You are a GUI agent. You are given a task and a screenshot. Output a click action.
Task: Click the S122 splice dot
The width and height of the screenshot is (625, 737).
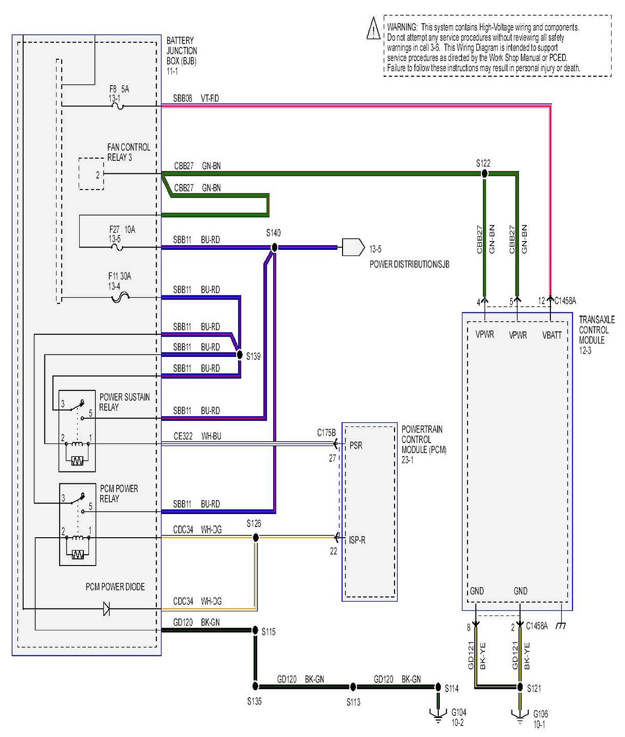pos(484,174)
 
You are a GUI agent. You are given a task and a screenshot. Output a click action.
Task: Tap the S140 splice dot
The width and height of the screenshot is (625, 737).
pos(274,248)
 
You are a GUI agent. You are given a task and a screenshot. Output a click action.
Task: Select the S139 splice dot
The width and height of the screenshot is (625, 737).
pos(239,355)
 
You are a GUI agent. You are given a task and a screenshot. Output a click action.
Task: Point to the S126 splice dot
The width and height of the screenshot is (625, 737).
pos(256,537)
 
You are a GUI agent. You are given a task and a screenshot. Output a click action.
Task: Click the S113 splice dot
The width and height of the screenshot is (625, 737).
pos(353,687)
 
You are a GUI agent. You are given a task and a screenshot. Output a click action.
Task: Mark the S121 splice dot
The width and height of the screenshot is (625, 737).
pos(520,687)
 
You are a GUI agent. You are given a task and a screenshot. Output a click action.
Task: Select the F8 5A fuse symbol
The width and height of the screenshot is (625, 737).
pos(119,106)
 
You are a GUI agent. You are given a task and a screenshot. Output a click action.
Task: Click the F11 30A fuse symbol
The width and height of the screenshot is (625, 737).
pos(120,297)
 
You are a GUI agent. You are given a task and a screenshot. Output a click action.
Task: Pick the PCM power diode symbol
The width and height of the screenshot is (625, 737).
pos(106,608)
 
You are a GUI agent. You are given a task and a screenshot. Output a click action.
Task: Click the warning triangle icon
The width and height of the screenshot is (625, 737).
pos(374,28)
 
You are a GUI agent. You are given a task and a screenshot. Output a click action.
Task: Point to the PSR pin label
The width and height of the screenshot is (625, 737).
pos(356,445)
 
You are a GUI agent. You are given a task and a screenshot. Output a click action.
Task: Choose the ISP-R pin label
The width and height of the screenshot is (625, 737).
pos(357,540)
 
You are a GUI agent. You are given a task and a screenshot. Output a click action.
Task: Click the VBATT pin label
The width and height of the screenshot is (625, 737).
pos(551,335)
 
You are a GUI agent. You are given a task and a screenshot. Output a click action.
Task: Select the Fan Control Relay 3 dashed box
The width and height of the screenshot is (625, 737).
pos(91,174)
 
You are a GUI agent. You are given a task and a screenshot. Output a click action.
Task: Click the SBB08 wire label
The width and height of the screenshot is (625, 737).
pos(182,98)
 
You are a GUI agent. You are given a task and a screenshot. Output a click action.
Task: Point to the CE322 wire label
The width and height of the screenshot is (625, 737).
pos(183,436)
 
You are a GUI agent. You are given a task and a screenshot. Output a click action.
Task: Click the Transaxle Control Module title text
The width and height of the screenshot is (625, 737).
pos(596,330)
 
